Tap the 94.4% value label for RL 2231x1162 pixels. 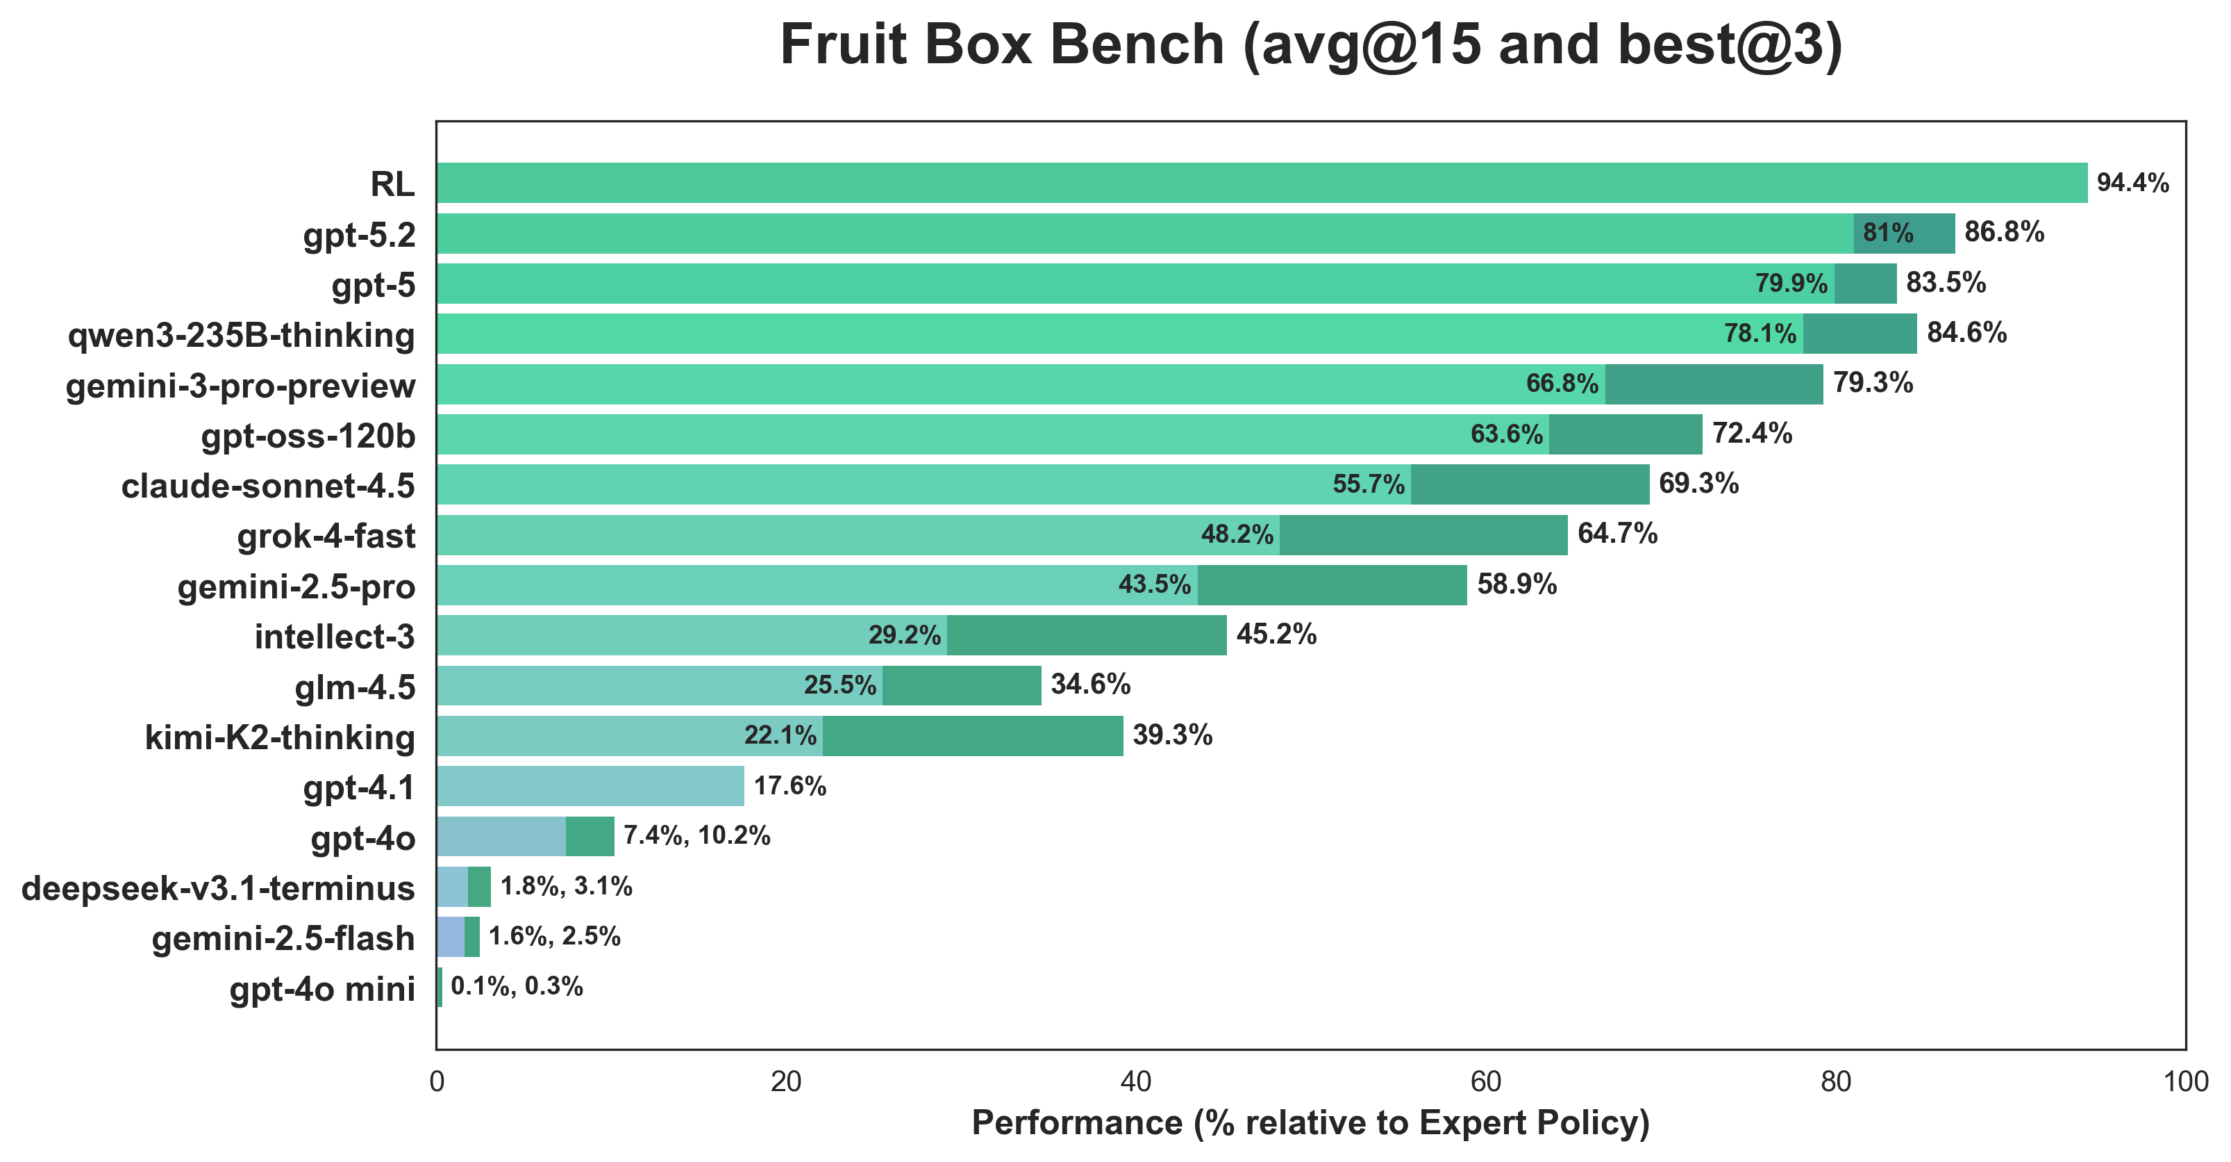[x=2132, y=183]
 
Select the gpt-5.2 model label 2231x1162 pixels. [x=360, y=235]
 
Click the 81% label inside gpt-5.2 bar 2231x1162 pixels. [x=1888, y=233]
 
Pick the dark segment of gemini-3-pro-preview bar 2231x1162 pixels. [x=1713, y=384]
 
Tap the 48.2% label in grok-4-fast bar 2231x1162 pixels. [x=1237, y=534]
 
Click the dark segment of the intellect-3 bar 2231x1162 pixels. [x=1086, y=635]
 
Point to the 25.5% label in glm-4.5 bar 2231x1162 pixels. [x=839, y=685]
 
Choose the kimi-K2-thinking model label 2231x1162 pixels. [x=280, y=737]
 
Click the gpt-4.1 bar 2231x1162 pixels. [x=589, y=786]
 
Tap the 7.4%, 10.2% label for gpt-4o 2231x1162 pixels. [x=696, y=836]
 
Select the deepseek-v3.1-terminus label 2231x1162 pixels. [x=218, y=888]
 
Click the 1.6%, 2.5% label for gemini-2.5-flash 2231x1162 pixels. [x=554, y=937]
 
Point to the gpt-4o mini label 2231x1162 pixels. [x=322, y=989]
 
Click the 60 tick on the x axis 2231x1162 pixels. [x=1485, y=1082]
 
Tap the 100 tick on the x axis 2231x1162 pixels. [x=2185, y=1082]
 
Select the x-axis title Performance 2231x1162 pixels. [x=1310, y=1123]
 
